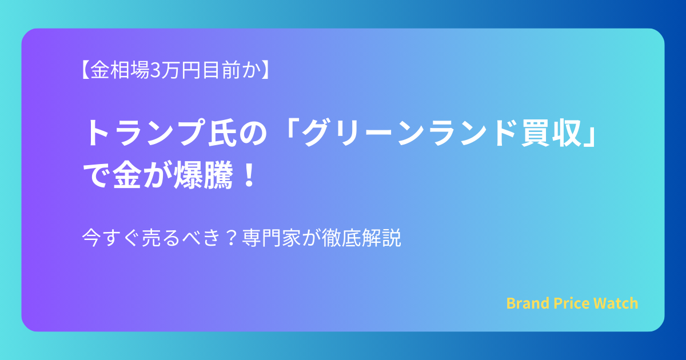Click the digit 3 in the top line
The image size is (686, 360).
(x=155, y=70)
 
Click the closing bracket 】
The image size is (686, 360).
(x=265, y=70)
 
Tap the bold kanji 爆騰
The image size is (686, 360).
(x=203, y=175)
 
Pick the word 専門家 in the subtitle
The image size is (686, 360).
(x=272, y=238)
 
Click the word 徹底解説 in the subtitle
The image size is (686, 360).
(x=361, y=238)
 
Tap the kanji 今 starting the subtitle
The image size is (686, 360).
(x=91, y=238)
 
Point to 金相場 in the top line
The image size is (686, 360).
(x=119, y=70)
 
